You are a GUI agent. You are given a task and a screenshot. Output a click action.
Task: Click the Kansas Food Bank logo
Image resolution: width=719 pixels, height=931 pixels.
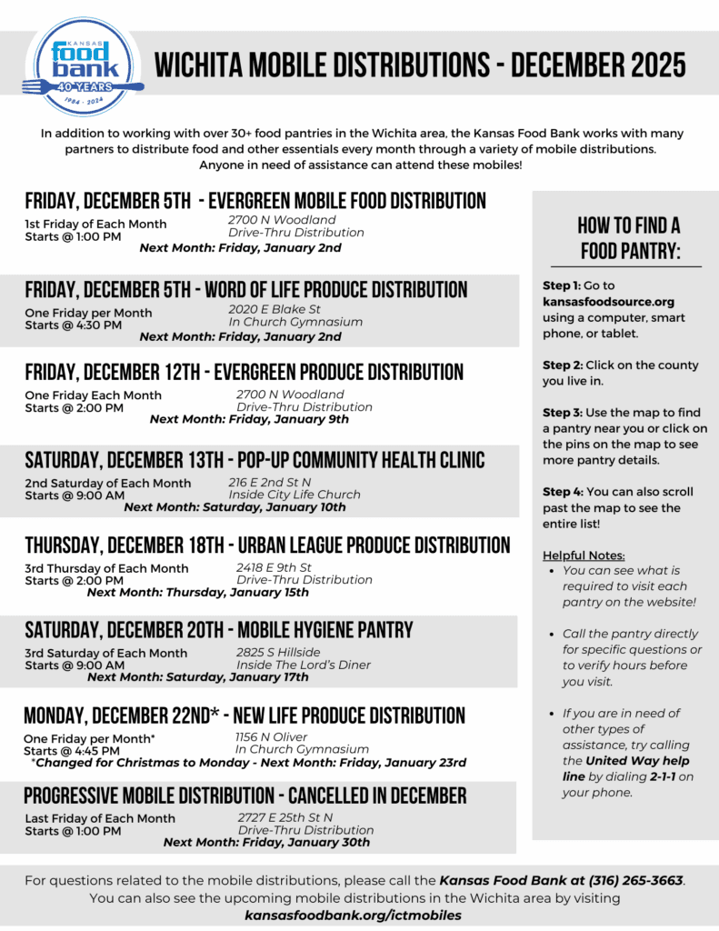(x=84, y=65)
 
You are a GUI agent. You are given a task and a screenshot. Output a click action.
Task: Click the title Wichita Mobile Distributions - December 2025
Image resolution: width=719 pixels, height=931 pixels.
(x=420, y=65)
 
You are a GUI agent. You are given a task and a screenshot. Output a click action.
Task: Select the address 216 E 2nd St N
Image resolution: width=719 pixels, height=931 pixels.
(x=274, y=482)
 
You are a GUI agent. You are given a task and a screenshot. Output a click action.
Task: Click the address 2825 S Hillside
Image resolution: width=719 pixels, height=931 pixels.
(x=278, y=652)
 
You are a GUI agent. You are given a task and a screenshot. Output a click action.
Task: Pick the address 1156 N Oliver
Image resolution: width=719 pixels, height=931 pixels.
(x=271, y=736)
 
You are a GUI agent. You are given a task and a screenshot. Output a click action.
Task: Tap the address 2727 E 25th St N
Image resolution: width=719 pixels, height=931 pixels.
(x=285, y=817)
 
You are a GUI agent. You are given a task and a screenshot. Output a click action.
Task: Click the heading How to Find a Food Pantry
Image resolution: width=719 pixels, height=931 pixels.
(x=629, y=238)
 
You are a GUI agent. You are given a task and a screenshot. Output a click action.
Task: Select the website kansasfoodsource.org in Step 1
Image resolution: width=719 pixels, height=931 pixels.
(x=608, y=302)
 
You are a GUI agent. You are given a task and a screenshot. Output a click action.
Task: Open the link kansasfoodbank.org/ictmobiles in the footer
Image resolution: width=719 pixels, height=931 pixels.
(x=353, y=915)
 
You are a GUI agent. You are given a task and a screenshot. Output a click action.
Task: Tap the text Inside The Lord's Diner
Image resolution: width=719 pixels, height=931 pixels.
(x=304, y=665)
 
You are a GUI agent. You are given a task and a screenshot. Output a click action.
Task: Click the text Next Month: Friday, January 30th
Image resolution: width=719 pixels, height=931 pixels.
(x=266, y=842)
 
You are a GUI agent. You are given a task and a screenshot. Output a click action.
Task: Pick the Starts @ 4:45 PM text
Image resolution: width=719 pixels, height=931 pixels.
(x=72, y=751)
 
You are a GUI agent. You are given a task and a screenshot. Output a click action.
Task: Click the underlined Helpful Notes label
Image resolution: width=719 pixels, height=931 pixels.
(x=584, y=555)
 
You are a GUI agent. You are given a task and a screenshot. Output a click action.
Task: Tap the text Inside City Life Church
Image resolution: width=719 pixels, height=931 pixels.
(x=295, y=495)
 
